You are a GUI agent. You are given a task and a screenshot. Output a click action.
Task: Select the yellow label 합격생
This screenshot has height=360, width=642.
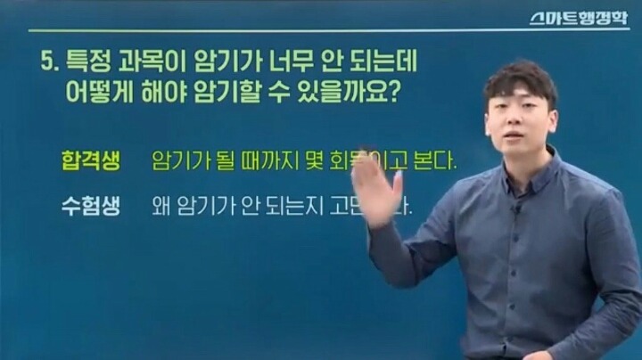tap(86, 161)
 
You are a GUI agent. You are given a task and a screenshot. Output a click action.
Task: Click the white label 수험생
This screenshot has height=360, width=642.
tap(86, 206)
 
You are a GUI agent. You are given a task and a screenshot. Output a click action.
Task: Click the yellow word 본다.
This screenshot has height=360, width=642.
tap(437, 162)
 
